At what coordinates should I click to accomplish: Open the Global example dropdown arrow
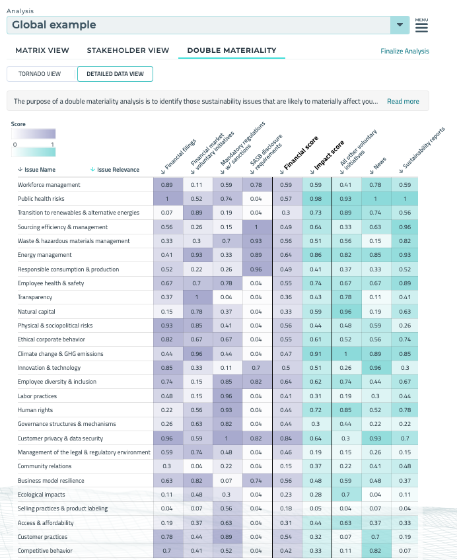399,25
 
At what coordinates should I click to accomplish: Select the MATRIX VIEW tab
42,50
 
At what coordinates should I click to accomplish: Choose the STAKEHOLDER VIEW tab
128,50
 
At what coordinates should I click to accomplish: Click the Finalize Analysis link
405,51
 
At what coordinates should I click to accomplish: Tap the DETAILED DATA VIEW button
115,74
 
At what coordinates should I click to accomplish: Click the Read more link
403,101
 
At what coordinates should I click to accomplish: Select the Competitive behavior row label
45,551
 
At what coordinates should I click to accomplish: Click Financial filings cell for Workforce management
167,185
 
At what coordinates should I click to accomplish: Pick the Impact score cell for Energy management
316,255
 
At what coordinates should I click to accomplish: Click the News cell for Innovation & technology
376,368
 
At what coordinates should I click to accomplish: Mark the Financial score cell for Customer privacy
286,438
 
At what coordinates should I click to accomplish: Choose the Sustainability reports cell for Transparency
405,297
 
